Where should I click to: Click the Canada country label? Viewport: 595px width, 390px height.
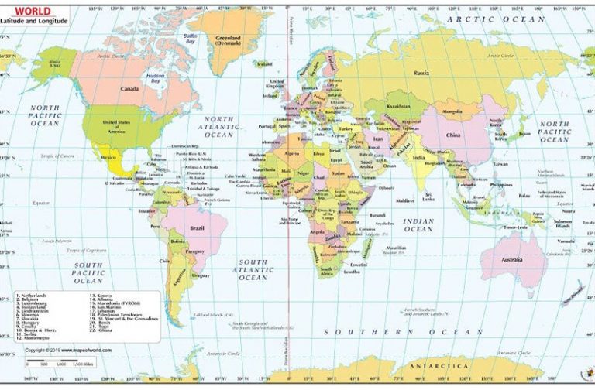129,89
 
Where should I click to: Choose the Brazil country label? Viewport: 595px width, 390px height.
197,228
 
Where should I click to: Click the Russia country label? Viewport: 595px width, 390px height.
421,73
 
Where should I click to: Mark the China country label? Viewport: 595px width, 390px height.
454,135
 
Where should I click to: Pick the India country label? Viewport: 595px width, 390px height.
418,157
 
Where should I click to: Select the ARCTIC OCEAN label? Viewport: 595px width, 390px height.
491,19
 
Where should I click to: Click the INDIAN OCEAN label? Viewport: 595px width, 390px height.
418,224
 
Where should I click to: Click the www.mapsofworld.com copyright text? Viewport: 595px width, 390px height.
69,350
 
